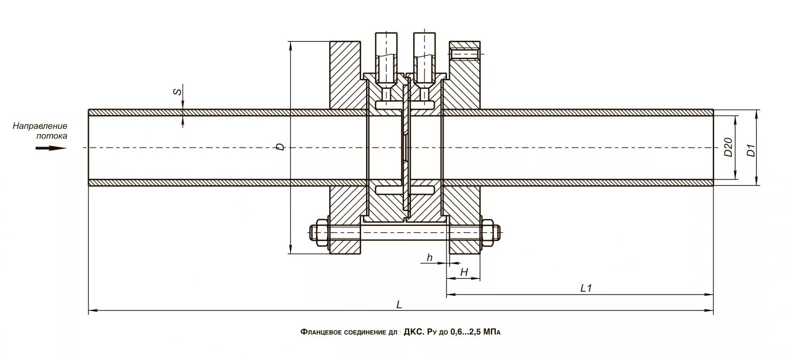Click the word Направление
click(x=40, y=126)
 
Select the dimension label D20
click(x=728, y=147)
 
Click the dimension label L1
click(x=586, y=288)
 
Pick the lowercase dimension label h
click(x=429, y=258)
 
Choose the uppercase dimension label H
click(x=464, y=272)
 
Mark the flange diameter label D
click(x=281, y=146)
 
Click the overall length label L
click(x=399, y=305)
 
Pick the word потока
click(x=51, y=135)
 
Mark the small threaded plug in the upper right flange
click(x=465, y=54)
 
